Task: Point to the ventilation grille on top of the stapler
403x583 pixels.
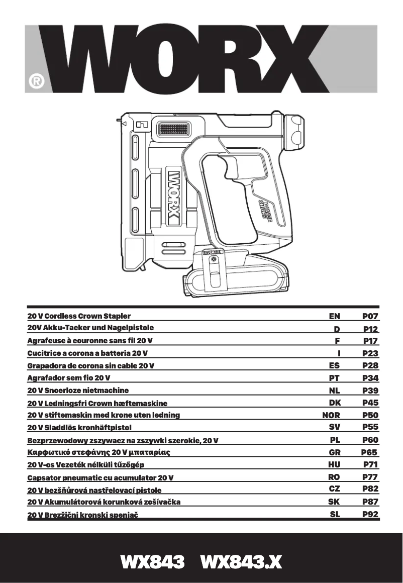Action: [x=174, y=130]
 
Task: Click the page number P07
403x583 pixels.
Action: [x=370, y=317]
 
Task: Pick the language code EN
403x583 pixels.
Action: [x=334, y=317]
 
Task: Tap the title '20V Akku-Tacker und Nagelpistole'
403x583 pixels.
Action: [x=90, y=328]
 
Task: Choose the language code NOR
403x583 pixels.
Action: [x=331, y=415]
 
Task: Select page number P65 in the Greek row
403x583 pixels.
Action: [x=370, y=452]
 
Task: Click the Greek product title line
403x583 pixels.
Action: [x=103, y=452]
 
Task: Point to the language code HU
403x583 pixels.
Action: [x=334, y=464]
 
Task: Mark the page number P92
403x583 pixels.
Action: [x=370, y=514]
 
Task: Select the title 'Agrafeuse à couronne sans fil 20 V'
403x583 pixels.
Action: [x=93, y=341]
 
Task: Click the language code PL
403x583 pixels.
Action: [x=335, y=440]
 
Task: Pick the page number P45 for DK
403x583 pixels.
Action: [x=370, y=403]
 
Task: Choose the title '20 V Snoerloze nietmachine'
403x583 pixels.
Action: [x=78, y=390]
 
